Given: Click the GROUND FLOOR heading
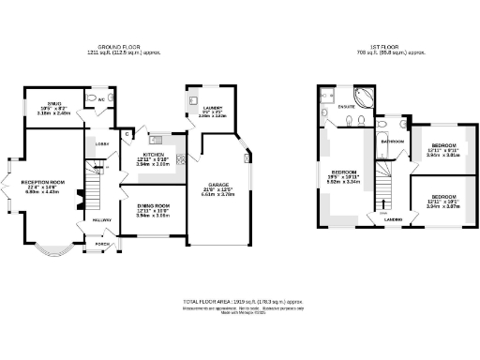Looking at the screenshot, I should tap(127, 45).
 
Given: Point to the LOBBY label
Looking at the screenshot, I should tap(103, 143).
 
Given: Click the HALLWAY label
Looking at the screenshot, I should tap(101, 220).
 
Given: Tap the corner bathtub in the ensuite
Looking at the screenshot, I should tap(361, 97).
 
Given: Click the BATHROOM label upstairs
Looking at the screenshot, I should tap(392, 142).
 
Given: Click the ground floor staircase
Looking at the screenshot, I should tap(96, 178).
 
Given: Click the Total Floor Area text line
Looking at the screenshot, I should tap(239, 301).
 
